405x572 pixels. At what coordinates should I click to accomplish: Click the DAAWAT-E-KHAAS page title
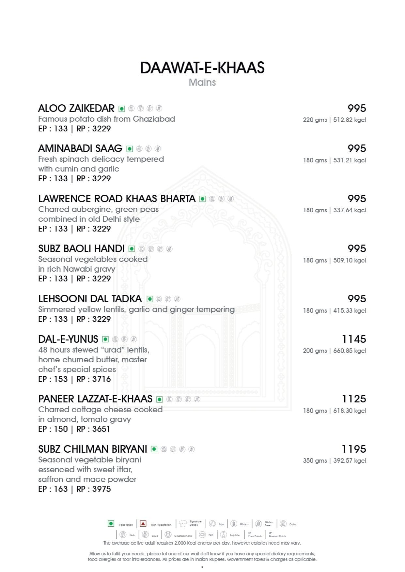(x=202, y=68)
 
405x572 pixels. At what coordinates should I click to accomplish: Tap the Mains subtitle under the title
(x=202, y=82)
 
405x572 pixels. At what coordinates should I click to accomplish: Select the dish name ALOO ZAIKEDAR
(x=76, y=108)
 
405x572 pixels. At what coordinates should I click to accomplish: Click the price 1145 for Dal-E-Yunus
(x=354, y=339)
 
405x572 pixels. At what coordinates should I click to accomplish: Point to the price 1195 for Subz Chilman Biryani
(x=354, y=449)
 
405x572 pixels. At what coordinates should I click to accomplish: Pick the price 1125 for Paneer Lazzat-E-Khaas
(x=354, y=399)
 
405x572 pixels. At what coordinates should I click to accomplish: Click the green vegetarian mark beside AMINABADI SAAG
(x=130, y=149)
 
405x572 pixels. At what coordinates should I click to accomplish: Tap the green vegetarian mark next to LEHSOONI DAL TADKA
(x=150, y=299)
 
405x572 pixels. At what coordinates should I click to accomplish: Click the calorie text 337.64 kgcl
(x=350, y=210)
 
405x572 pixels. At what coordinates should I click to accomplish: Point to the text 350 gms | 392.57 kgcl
(x=335, y=461)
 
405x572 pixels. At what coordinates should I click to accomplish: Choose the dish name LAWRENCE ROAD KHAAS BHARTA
(x=117, y=199)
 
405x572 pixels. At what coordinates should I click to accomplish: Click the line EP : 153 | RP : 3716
(x=74, y=379)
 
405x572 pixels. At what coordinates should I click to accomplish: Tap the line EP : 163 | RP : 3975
(x=74, y=489)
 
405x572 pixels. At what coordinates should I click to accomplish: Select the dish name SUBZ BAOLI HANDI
(x=81, y=249)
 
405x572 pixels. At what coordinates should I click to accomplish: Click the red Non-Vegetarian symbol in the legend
(x=143, y=524)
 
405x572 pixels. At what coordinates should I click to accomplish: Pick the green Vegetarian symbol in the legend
(x=111, y=524)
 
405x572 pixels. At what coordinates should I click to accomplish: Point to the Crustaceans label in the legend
(x=183, y=536)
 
